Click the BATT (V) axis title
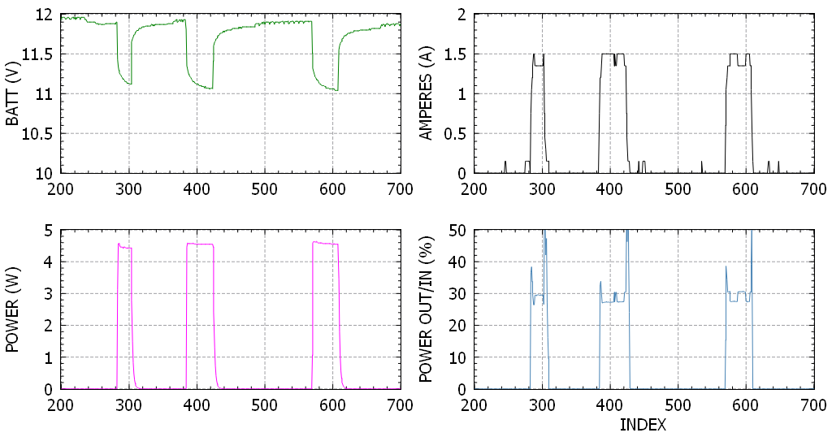click(13, 95)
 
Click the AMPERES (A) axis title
click(425, 94)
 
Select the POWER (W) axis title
click(13, 309)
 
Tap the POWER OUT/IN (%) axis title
click(425, 309)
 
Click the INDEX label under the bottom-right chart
click(643, 425)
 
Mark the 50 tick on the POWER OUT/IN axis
click(456, 231)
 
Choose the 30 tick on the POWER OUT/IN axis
click(456, 294)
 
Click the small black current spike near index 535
click(701, 167)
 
